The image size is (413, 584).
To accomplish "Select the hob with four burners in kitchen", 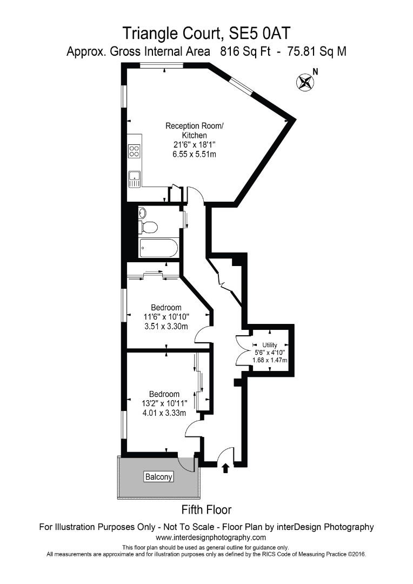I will (x=134, y=151).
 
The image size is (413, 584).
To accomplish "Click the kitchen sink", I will (x=134, y=178).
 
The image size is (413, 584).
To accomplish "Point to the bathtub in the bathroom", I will (x=158, y=248).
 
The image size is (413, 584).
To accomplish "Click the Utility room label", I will (x=269, y=344).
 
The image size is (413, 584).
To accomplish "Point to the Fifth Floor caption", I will (x=206, y=509).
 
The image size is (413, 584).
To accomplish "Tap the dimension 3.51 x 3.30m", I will (x=165, y=326).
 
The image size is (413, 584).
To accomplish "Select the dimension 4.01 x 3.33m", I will (x=165, y=413).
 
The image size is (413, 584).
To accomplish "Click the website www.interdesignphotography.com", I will (x=211, y=537).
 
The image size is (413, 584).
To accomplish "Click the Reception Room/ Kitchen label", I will (x=194, y=130).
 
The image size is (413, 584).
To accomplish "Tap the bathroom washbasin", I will (x=142, y=213).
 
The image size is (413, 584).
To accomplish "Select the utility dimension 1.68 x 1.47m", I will (x=269, y=360).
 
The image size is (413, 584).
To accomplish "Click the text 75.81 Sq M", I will (x=317, y=52).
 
